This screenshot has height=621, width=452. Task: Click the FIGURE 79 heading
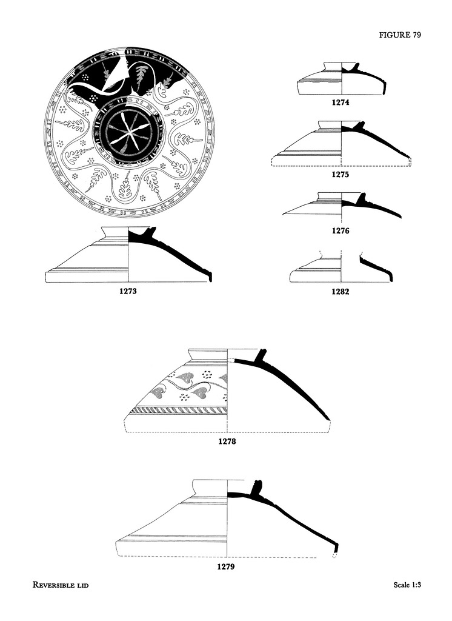pyautogui.click(x=400, y=35)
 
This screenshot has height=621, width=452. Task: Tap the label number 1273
pyautogui.click(x=128, y=291)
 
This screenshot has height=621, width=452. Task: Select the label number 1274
pyautogui.click(x=341, y=102)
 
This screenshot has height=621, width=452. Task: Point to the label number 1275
pyautogui.click(x=341, y=174)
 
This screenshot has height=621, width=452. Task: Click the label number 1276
pyautogui.click(x=341, y=231)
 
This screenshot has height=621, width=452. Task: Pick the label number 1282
pyautogui.click(x=341, y=291)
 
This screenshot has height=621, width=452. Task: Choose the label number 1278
pyautogui.click(x=227, y=441)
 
